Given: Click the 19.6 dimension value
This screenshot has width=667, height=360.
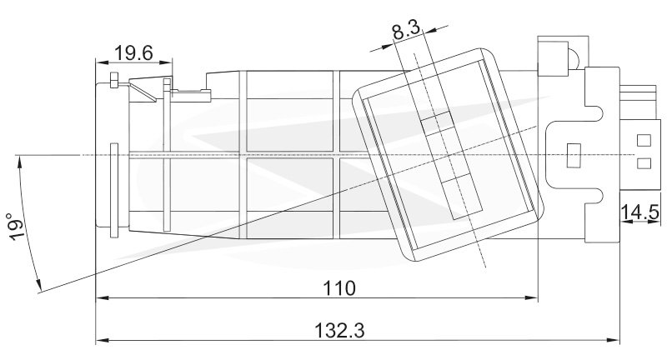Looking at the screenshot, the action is [x=133, y=53].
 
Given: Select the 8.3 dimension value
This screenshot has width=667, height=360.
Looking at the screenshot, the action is [x=406, y=31].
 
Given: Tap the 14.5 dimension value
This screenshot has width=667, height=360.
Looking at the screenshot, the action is [x=640, y=212].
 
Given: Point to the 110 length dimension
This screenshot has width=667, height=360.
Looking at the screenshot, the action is [x=339, y=288].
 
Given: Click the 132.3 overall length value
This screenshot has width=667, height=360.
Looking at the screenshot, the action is [x=339, y=330].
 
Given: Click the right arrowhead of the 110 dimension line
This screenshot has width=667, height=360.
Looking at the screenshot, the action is [x=532, y=298].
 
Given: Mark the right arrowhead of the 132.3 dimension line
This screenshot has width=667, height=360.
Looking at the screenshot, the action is [x=613, y=340].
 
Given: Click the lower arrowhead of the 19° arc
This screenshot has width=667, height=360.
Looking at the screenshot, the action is [x=38, y=286].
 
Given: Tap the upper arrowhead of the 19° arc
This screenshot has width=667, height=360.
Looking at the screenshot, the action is [x=18, y=162].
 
